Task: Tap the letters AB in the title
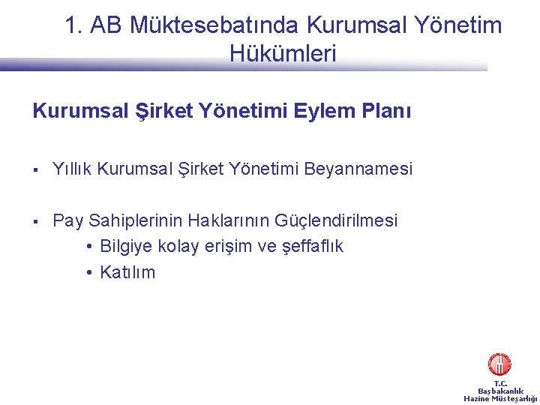point(106,25)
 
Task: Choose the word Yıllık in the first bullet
point(73,169)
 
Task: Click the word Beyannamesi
point(358,169)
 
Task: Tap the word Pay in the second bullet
point(68,221)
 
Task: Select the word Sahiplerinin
point(136,221)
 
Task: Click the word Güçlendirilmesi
point(337,221)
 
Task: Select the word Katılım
point(127,272)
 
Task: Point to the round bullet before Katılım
point(89,272)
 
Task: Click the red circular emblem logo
point(499,364)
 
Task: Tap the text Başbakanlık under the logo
point(500,391)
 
